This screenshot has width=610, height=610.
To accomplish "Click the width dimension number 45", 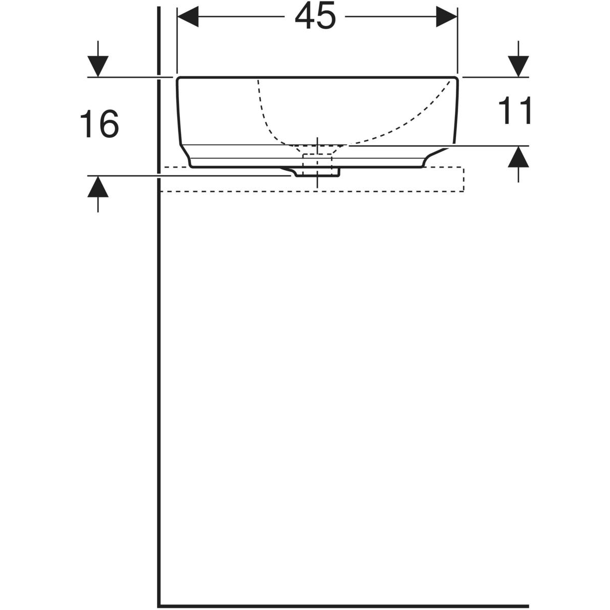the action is tap(315, 16).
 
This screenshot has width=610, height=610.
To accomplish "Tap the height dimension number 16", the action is tap(100, 124).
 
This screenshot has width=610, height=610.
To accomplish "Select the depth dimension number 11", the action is tap(515, 110).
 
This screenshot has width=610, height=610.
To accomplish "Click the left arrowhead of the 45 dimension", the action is tap(188, 16).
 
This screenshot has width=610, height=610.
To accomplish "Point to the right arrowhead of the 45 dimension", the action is tap(447, 16).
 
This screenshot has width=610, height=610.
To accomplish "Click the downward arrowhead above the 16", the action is tap(98, 66).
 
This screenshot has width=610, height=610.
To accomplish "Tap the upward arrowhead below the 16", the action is tap(98, 187).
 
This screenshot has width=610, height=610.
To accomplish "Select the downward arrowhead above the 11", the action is tap(518, 66).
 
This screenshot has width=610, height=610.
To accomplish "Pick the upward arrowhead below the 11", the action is tap(518, 157).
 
